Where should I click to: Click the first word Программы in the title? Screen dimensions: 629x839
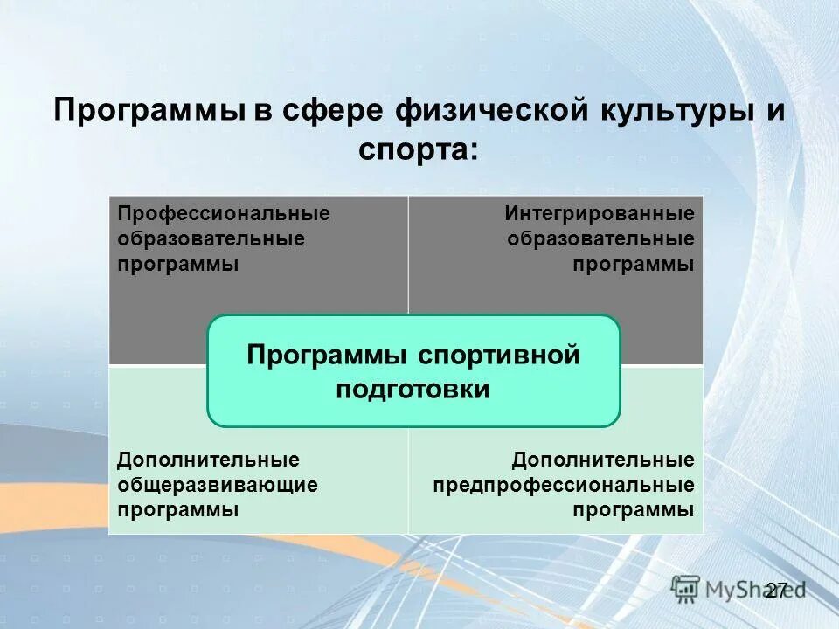pos(146,111)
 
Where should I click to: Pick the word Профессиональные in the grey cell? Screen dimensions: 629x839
pos(224,214)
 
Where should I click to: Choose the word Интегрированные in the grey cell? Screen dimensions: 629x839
pos(600,214)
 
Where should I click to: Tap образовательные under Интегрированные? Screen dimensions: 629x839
pos(600,239)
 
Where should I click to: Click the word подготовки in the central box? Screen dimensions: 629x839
pos(413,389)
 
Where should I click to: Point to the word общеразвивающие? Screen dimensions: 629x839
pos(218,485)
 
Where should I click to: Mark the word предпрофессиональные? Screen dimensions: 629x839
pos(564,485)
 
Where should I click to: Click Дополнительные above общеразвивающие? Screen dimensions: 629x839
pos(208,460)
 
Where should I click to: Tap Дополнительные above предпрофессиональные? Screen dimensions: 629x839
pos(603,460)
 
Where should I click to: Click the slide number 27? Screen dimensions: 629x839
pos(776,590)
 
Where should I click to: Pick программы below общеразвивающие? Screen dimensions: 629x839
pos(178,510)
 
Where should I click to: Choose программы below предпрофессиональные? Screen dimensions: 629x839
pos(634,510)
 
